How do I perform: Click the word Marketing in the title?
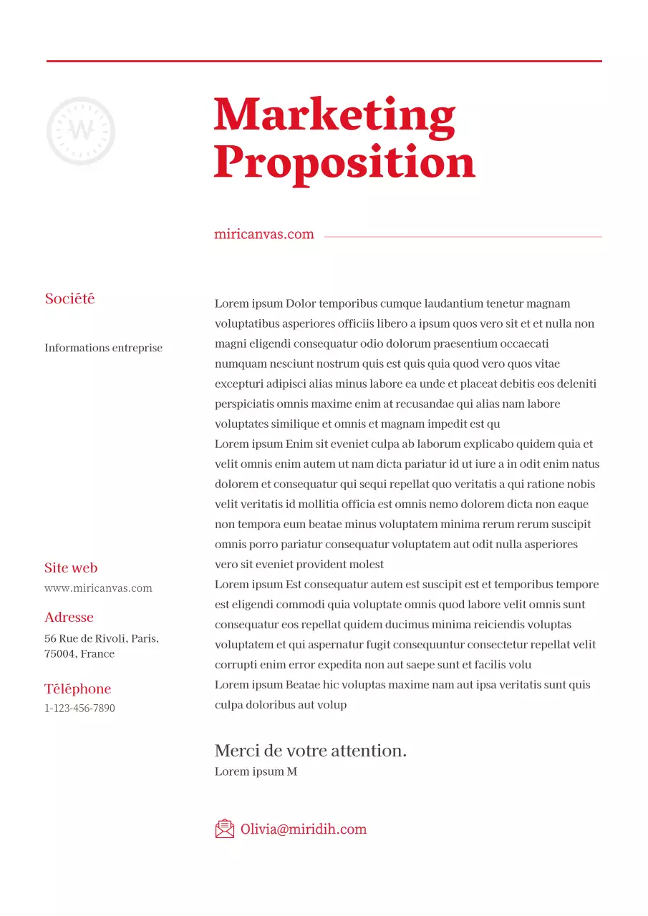(x=334, y=114)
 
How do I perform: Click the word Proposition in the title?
(x=344, y=162)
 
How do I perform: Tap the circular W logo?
(x=81, y=131)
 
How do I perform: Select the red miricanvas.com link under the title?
(x=263, y=234)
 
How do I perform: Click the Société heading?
(x=69, y=299)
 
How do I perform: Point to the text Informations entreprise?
(x=103, y=348)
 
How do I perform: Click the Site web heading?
(x=71, y=568)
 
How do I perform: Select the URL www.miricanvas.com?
(x=98, y=588)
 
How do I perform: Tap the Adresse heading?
(x=69, y=618)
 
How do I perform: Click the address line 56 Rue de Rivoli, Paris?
(x=102, y=638)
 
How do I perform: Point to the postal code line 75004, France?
(x=79, y=654)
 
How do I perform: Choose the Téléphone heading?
(x=77, y=689)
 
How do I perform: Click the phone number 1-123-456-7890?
(x=79, y=708)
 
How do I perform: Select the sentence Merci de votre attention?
(x=311, y=751)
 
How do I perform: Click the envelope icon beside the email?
(x=225, y=829)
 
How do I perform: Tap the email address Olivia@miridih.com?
(x=304, y=829)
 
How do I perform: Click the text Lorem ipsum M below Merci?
(x=256, y=771)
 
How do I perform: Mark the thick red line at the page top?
(x=324, y=62)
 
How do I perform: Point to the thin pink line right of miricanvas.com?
(x=463, y=236)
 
